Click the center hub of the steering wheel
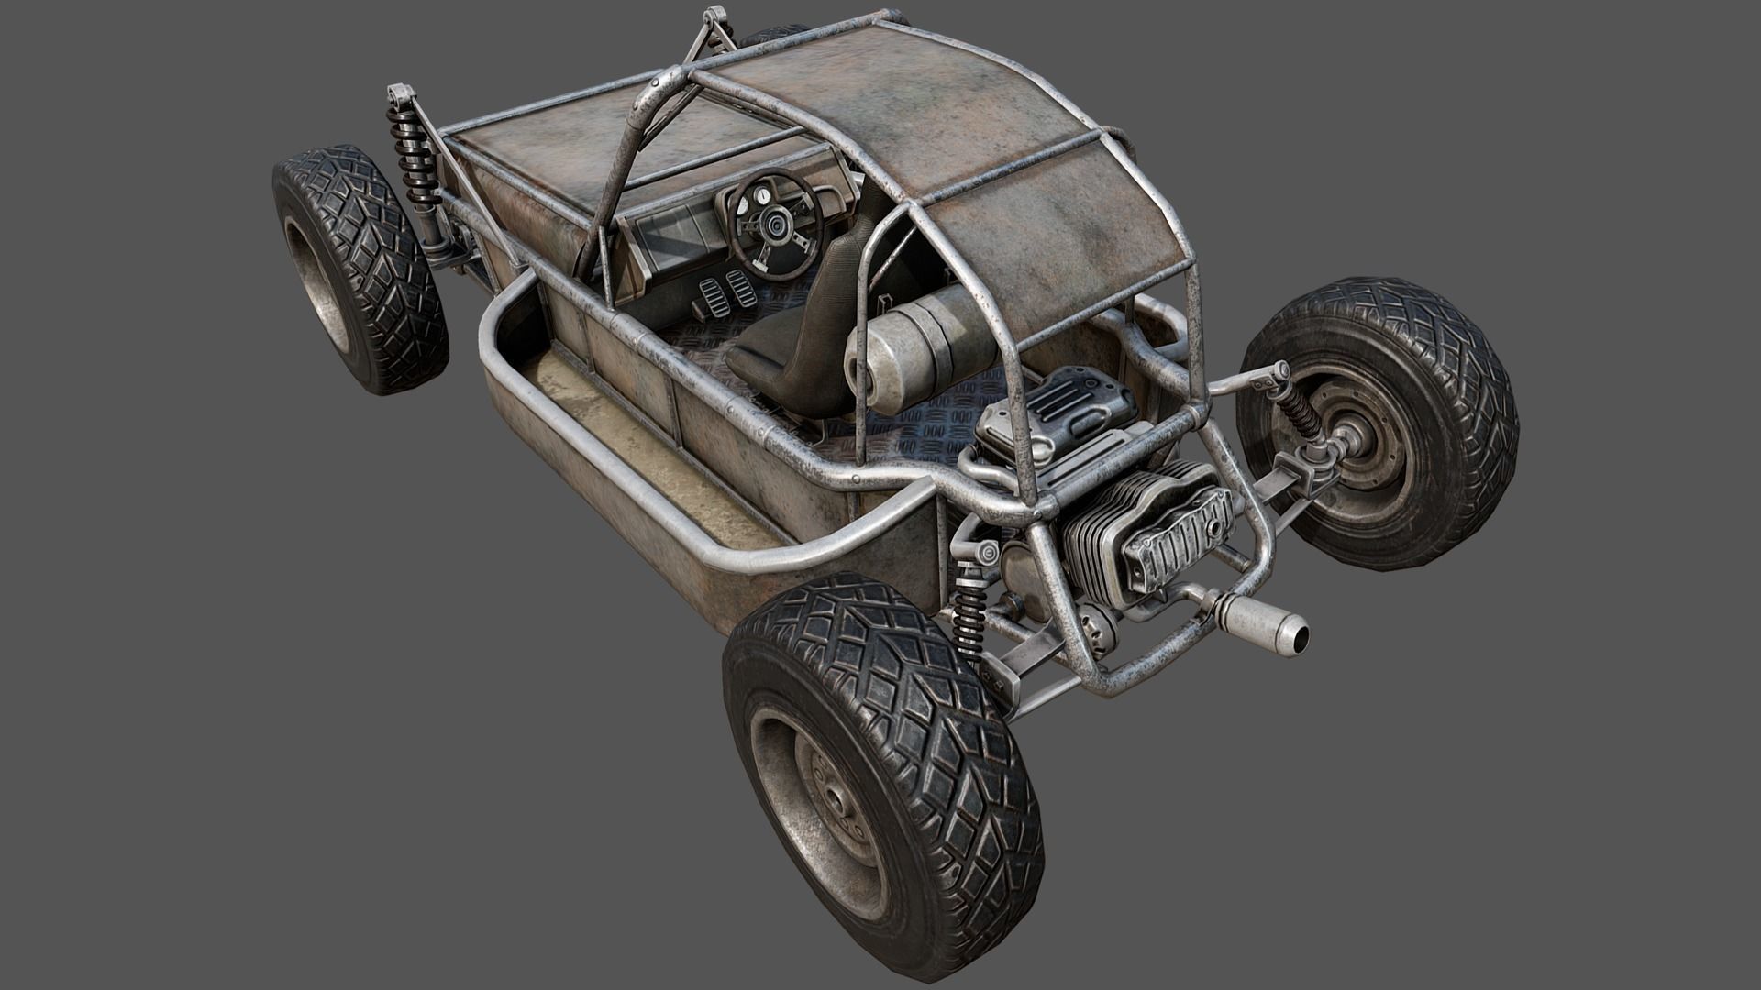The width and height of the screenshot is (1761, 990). click(x=776, y=223)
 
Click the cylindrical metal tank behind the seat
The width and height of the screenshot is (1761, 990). click(x=926, y=344)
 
